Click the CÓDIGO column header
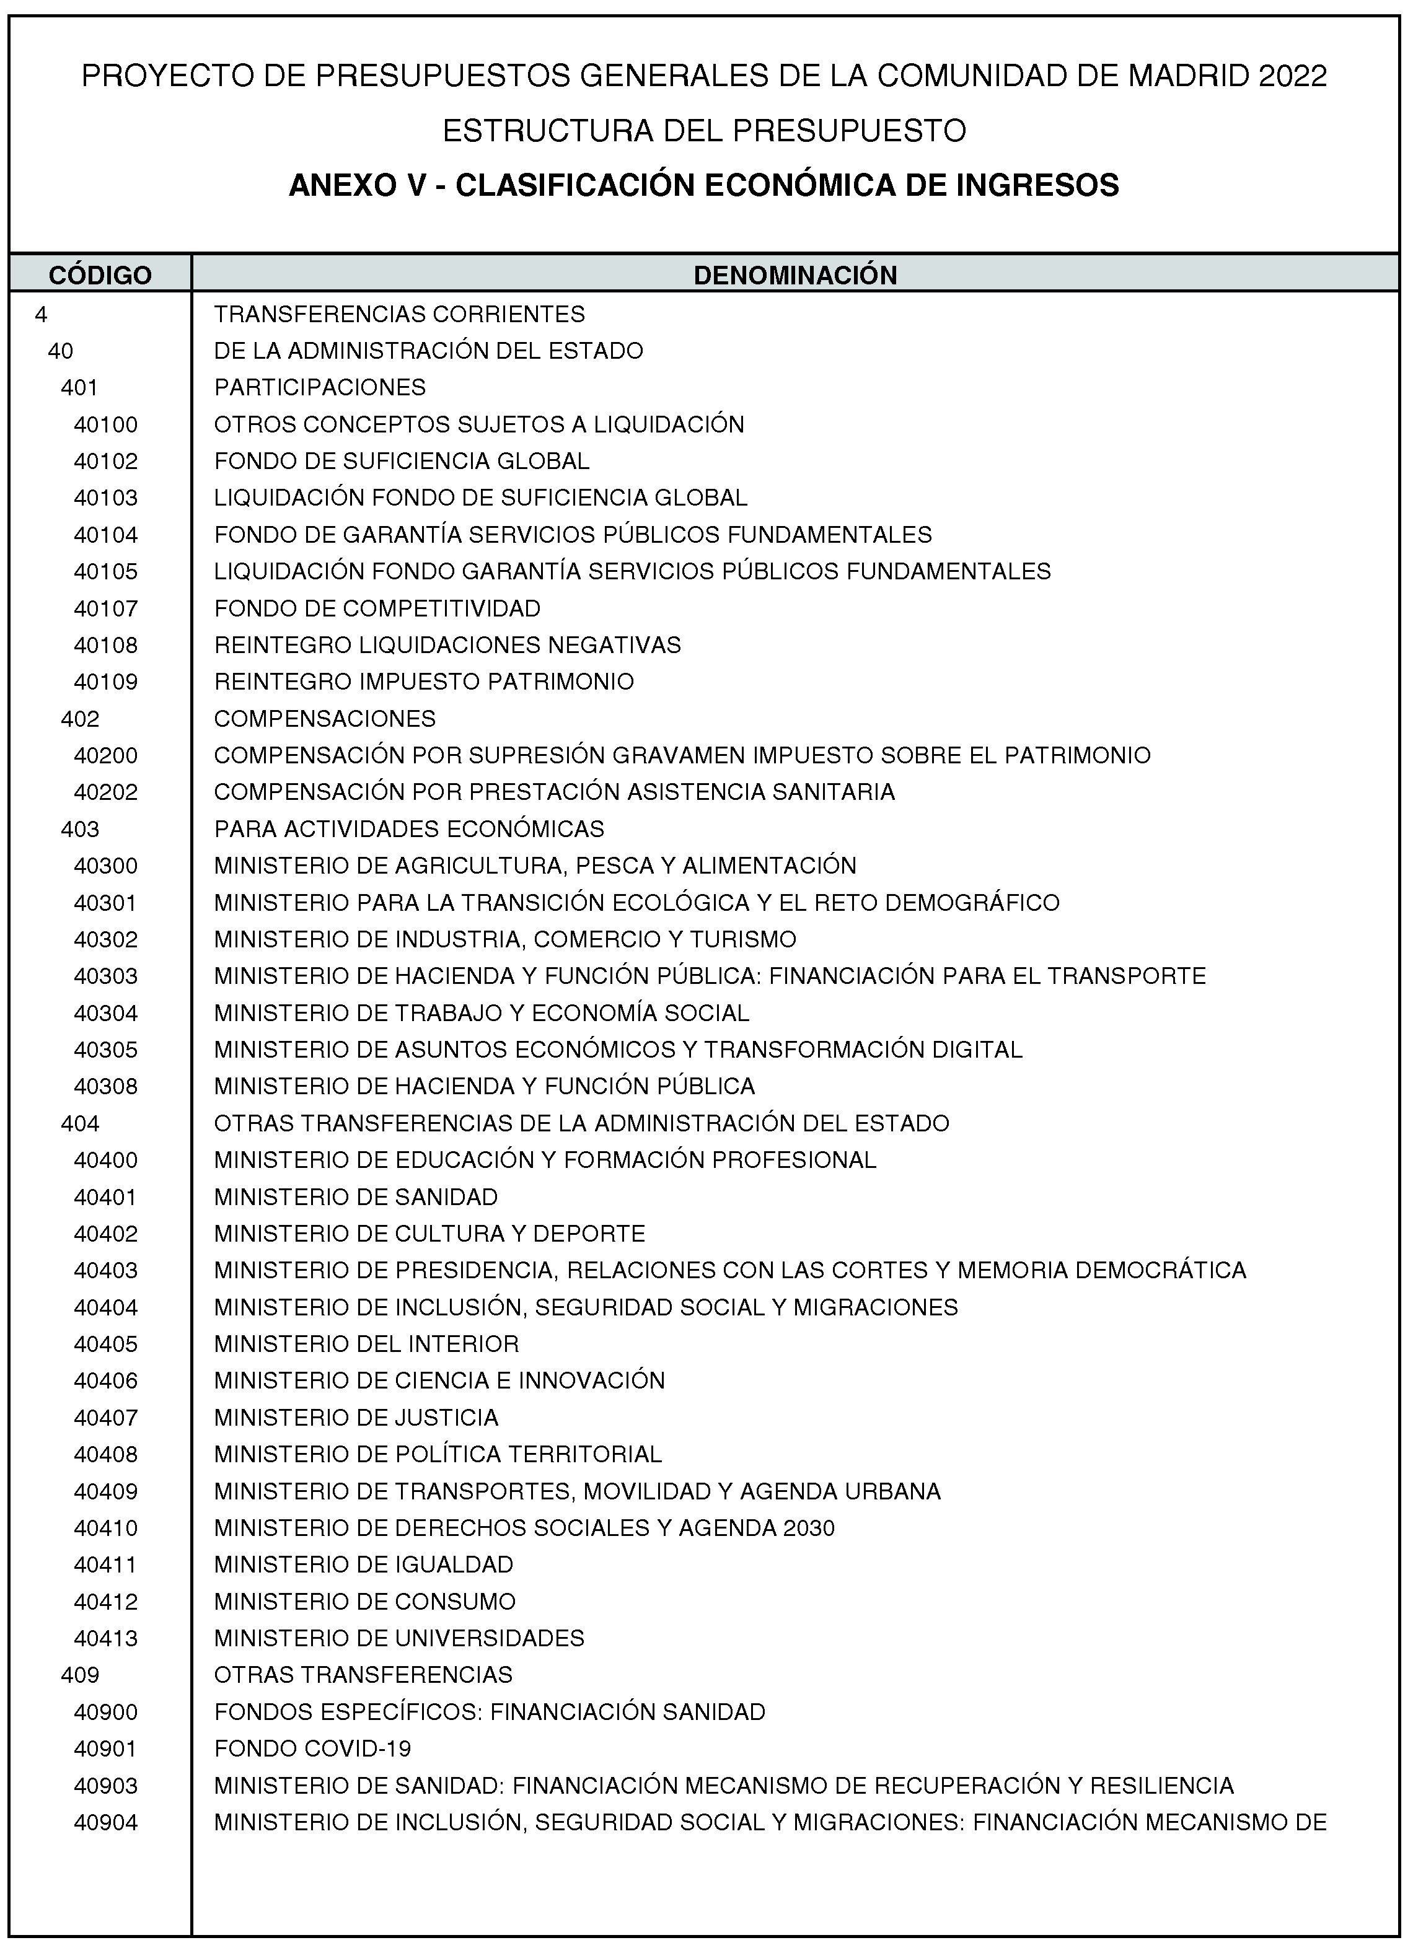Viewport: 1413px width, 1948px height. click(x=100, y=275)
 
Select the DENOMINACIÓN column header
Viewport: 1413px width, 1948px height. click(x=795, y=275)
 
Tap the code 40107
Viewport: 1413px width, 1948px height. click(x=105, y=608)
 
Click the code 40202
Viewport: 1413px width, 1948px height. click(x=105, y=792)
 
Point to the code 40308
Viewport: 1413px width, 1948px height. click(x=105, y=1087)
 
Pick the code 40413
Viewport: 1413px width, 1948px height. click(x=105, y=1638)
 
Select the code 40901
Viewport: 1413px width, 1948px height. click(x=105, y=1748)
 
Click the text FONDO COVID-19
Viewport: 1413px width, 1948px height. click(x=313, y=1748)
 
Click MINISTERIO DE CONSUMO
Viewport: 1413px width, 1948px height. click(x=365, y=1601)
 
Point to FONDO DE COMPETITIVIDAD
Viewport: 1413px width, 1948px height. click(x=377, y=608)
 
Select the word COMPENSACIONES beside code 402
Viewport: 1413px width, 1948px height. click(x=325, y=718)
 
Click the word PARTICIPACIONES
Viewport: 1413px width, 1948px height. click(x=320, y=387)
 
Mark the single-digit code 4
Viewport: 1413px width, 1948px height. click(x=40, y=314)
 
